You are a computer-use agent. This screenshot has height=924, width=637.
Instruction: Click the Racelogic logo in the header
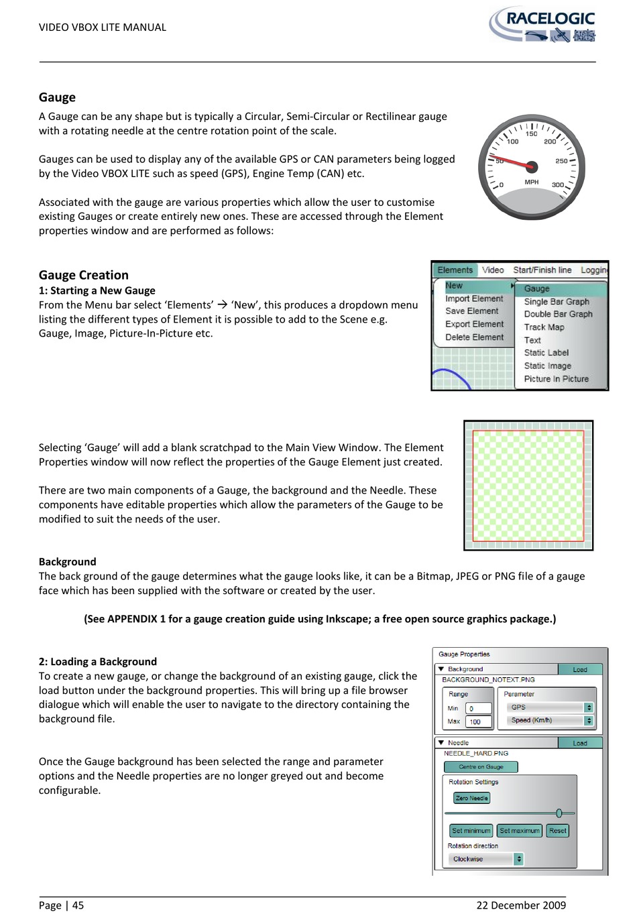coord(543,25)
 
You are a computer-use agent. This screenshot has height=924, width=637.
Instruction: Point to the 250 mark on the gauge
coord(561,161)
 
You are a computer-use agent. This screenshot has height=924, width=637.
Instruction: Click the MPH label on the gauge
coord(531,182)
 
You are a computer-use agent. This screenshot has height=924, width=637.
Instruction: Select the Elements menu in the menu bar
coord(455,270)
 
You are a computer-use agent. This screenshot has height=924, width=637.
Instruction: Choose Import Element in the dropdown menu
coord(473,299)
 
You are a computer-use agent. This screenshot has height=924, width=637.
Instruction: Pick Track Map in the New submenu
coord(544,327)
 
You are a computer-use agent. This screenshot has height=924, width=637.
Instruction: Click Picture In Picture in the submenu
coord(556,379)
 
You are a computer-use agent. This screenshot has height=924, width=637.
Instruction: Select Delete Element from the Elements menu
coord(474,337)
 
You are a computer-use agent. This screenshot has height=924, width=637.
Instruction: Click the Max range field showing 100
coord(478,722)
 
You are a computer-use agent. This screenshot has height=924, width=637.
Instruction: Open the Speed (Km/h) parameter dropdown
coord(551,721)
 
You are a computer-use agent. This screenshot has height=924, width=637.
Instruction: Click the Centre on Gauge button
coord(481,767)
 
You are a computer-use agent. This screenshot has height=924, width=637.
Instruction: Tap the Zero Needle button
coord(471,798)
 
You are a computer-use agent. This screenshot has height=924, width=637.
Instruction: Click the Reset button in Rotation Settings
coord(557,831)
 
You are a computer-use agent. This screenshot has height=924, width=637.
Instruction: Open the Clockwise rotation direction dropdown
coord(486,859)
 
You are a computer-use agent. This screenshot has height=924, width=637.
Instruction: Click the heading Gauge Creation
coord(84,275)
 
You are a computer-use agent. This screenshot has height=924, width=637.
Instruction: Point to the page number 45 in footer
coord(78,905)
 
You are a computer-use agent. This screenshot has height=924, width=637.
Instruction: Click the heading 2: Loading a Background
coord(98,662)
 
